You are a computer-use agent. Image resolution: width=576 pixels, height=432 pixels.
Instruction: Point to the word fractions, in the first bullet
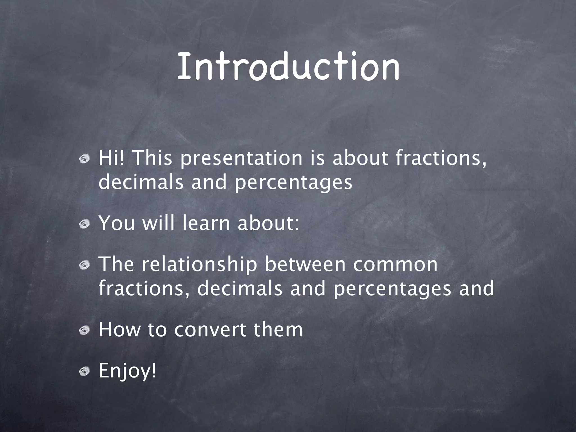(441, 158)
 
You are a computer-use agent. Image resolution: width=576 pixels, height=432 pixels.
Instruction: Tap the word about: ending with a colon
(268, 223)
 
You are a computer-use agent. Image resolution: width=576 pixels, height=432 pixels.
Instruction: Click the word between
(305, 264)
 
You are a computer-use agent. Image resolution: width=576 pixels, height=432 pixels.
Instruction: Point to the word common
(395, 265)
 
